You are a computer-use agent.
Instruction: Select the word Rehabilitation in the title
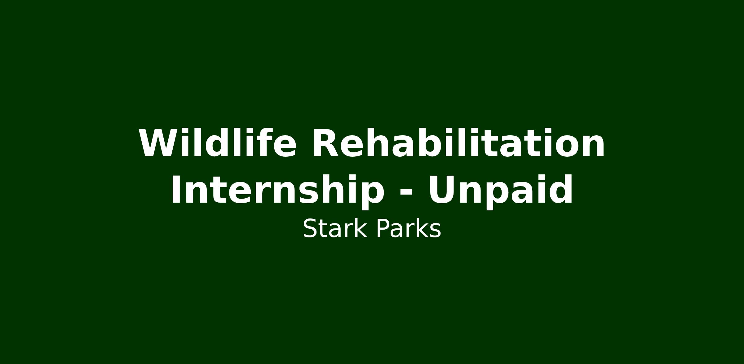[x=458, y=143]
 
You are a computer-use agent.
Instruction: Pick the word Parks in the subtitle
[x=408, y=229]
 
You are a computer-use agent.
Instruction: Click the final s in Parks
[x=436, y=231]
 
